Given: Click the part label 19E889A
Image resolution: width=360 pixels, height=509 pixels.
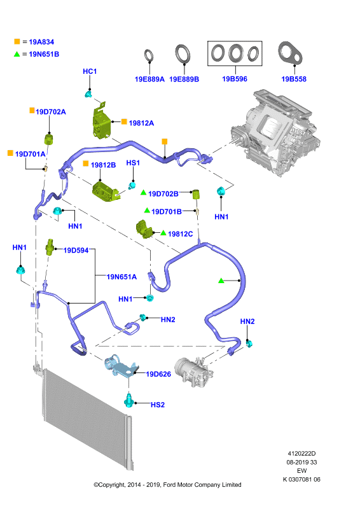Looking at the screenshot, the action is point(149,79).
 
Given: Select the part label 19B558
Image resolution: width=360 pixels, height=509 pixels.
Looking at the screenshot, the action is point(294,79).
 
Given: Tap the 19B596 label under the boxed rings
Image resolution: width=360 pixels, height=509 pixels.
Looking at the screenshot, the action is point(234,79).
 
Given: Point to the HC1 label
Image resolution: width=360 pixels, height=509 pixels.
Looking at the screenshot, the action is point(90,71).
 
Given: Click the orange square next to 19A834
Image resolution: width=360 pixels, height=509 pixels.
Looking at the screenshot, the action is point(17,41).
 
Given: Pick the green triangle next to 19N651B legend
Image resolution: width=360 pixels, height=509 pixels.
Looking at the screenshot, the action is point(17,54).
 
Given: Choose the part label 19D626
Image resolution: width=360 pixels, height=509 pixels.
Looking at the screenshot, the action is point(158,374).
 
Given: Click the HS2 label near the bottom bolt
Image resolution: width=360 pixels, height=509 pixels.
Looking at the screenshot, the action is point(158,405).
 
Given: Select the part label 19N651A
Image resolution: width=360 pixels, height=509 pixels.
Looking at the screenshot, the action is point(121,277).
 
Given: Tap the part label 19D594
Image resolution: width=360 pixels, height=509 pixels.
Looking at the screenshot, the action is point(76,250).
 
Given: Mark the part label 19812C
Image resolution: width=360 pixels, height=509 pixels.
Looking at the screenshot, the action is point(181,234).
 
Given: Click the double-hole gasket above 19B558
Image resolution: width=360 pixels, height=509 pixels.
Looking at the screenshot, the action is point(290,53).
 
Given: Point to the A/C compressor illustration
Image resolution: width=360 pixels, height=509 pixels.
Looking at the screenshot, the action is point(194,371).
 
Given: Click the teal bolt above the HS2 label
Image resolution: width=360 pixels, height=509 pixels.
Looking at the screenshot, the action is point(129,401).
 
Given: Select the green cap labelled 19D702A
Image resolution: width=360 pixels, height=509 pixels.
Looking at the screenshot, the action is point(49,139).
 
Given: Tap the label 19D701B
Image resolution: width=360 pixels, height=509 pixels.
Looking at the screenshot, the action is point(167,212).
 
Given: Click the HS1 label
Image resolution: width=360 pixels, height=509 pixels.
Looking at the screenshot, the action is point(133,163).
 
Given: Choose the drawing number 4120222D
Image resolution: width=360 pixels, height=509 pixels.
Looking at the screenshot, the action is point(301,454).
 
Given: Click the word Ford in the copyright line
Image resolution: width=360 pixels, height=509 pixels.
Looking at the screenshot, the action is point(169,485).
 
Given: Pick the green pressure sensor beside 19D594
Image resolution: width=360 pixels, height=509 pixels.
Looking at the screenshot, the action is point(50,248).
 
